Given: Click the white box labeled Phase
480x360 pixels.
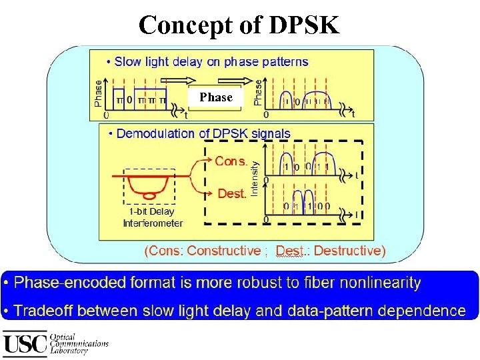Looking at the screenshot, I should tap(216, 97).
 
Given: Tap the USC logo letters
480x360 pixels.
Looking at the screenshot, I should tap(25, 343).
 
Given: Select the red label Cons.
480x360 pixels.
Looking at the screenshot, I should tap(231, 161).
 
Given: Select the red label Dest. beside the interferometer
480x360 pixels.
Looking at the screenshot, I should tap(232, 193).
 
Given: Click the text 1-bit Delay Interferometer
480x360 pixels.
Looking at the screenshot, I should tap(153, 217).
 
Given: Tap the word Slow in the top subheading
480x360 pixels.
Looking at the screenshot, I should tap(129, 61).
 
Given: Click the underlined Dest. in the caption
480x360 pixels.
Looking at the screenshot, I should tap(291, 251).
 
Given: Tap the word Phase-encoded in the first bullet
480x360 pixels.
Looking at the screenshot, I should tap(69, 283).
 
